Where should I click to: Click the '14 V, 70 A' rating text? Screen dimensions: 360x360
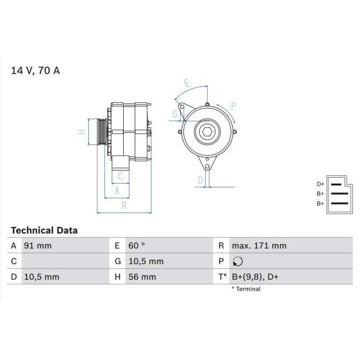pos(35,70)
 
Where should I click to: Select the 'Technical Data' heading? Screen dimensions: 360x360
pos(44,230)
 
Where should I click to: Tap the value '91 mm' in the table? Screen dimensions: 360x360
pos(37,246)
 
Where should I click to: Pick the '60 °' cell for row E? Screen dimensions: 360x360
pos(137,246)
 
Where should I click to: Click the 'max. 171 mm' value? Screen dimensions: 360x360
pos(259,246)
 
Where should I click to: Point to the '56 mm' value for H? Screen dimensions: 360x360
pos(142,277)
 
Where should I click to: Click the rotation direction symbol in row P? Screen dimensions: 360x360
pos(238,262)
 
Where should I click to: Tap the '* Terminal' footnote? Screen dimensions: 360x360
pos(246,289)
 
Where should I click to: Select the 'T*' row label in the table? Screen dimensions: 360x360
pos(221,277)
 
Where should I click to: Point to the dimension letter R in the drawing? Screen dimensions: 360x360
pos(123,206)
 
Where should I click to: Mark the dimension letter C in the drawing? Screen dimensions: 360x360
pos(121,176)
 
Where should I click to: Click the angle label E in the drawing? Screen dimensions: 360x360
pos(187,83)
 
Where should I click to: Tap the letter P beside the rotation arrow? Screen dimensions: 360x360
pos(233,106)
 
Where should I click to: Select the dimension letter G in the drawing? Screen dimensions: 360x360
pos(175,114)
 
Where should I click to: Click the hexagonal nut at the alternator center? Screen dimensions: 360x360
pos(207,132)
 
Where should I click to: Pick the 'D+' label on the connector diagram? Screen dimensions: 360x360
pos(320,184)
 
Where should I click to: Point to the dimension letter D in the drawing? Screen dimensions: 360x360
pos(200,180)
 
